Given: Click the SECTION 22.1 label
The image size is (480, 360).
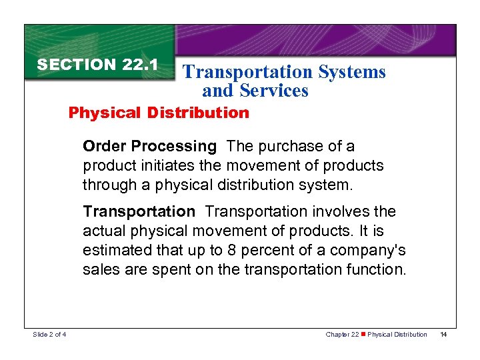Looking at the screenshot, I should tap(97, 65).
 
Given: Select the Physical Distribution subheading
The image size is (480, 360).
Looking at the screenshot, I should tap(159, 113).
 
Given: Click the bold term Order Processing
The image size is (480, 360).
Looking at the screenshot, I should tap(150, 146).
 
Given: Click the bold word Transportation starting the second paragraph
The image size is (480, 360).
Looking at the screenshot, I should tap(139, 211).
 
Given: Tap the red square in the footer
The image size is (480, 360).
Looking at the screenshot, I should tap(362, 334).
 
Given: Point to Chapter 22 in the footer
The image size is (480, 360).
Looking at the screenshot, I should tap(341, 334).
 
